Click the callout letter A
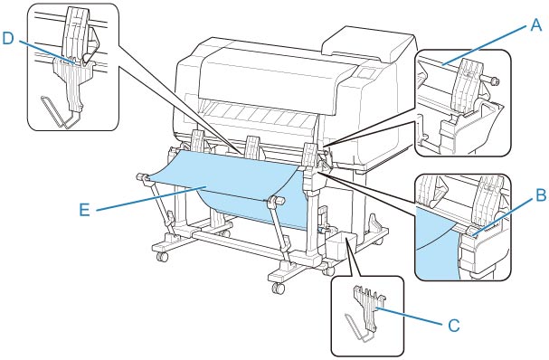pos(535,25)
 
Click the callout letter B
pos(541,195)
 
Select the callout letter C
pos(454,326)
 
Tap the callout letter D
pos(8,39)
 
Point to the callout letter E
pos(84,210)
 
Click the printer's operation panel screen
pos(366,73)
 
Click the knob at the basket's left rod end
pos(142,176)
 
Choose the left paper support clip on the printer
pos(198,142)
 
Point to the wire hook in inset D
pos(56,111)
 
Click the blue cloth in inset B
pos(439,242)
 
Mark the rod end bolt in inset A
pos(494,82)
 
